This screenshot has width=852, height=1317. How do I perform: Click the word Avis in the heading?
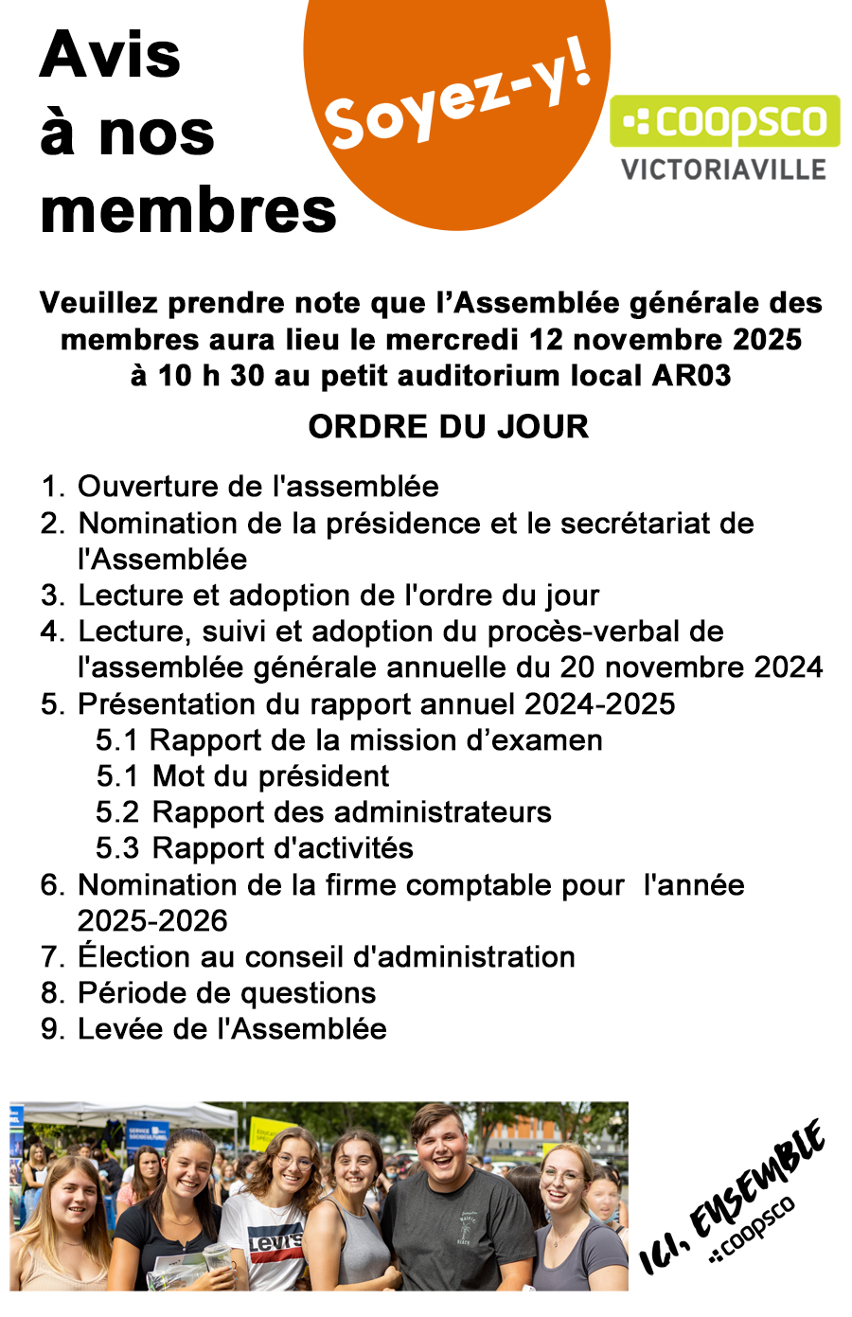pos(110,55)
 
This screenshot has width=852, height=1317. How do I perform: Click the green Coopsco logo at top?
pos(724,121)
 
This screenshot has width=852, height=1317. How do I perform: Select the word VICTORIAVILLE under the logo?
pos(724,170)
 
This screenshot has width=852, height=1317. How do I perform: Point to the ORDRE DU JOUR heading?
pos(448,427)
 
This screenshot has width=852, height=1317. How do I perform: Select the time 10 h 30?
pos(210,376)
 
